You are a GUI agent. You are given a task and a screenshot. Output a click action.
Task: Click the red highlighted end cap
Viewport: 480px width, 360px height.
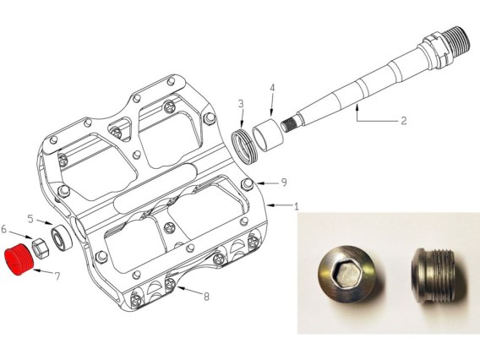coord(19,259)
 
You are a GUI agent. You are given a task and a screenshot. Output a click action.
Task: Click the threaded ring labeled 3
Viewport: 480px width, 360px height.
coord(244,145)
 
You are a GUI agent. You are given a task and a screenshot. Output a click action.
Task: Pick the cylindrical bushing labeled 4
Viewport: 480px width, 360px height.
coord(268,134)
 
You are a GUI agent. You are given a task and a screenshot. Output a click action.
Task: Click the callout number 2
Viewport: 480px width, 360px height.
coord(404,121)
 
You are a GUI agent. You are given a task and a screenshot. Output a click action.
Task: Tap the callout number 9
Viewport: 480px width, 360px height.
coord(284,183)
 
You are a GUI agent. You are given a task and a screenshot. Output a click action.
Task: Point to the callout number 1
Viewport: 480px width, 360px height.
coord(296,207)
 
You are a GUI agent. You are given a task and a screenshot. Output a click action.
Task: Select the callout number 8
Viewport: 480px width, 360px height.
coord(207,297)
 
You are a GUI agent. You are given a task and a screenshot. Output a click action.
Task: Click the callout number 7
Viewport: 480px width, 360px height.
coord(57,276)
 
